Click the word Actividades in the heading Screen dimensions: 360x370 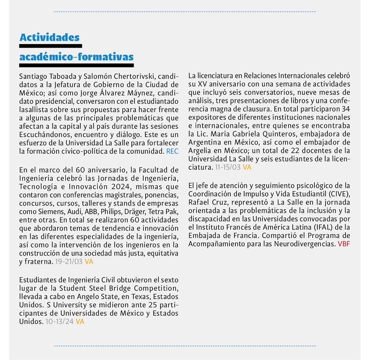pyautogui.click(x=49, y=37)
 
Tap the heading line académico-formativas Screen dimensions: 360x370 pyautogui.click(x=76, y=57)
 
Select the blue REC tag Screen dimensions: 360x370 pyautogui.click(x=172, y=151)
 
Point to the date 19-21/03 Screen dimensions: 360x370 pyautogui.click(x=68, y=261)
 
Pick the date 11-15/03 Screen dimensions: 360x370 pyautogui.click(x=228, y=167)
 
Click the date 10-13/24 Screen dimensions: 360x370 pyautogui.click(x=60, y=321)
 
